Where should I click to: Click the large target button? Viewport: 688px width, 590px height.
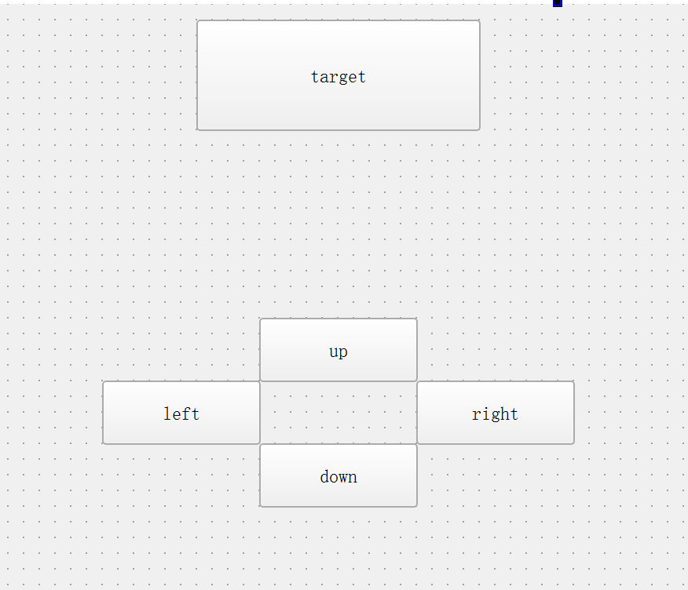pyautogui.click(x=338, y=75)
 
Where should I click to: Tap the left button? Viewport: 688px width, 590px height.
pyautogui.click(x=181, y=413)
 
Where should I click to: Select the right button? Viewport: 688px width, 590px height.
pyautogui.click(x=496, y=413)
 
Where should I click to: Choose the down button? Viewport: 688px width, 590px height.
pyautogui.click(x=339, y=475)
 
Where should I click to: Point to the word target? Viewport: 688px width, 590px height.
pyautogui.click(x=339, y=77)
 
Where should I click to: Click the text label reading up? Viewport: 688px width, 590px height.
pyautogui.click(x=339, y=351)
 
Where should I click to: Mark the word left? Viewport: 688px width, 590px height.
pyautogui.click(x=181, y=413)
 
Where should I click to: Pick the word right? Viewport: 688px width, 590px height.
pyautogui.click(x=495, y=414)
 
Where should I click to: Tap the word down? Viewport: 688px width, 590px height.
pyautogui.click(x=339, y=476)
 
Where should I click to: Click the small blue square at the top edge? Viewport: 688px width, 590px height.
pyautogui.click(x=558, y=3)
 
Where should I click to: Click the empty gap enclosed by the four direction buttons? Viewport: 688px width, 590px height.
pyautogui.click(x=339, y=413)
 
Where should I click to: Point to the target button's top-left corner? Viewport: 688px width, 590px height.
pyautogui.click(x=198, y=22)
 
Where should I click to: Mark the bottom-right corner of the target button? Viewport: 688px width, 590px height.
pyautogui.click(x=478, y=129)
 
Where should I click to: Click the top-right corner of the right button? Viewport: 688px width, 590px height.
pyautogui.click(x=573, y=383)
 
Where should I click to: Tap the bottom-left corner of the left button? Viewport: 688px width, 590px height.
pyautogui.click(x=104, y=442)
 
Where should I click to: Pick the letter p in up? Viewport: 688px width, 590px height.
pyautogui.click(x=343, y=352)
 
